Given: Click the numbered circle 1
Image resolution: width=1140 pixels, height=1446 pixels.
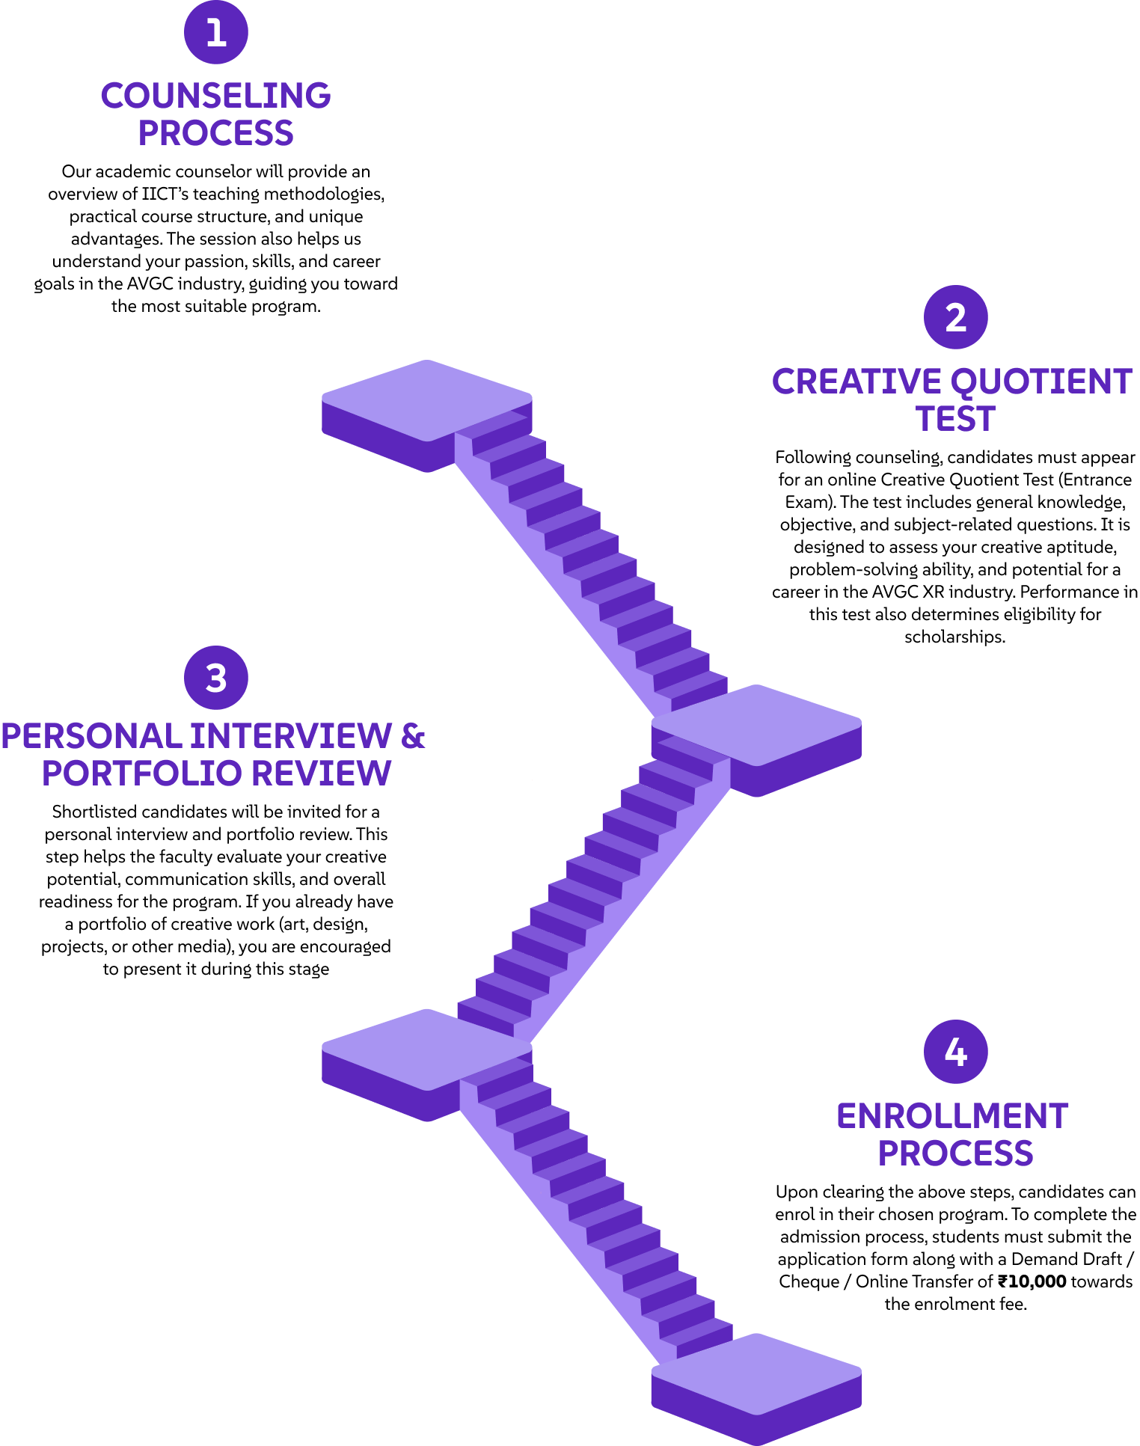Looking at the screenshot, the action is tap(216, 32).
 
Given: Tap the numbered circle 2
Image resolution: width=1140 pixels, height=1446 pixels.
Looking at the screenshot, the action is tap(956, 317).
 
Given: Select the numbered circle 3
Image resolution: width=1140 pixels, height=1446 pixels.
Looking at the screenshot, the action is tap(216, 678).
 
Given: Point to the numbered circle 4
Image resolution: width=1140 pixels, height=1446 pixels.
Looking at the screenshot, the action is tap(956, 1052).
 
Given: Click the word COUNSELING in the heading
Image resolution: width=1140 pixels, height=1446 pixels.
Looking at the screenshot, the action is tap(216, 96).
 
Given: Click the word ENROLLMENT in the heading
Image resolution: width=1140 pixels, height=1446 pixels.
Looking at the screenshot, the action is tap(952, 1116).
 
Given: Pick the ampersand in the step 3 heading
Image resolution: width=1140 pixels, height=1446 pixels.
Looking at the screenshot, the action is tap(413, 736).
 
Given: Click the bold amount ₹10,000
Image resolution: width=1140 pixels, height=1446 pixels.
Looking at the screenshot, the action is tap(1032, 1281).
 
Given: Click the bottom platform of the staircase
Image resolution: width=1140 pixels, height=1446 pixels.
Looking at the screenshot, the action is tap(756, 1389).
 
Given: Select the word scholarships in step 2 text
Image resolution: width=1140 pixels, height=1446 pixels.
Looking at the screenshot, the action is tap(955, 637).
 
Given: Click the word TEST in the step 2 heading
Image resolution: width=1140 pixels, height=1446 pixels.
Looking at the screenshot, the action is tap(955, 419).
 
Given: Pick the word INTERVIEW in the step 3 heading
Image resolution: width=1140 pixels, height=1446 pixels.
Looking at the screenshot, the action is tap(291, 736).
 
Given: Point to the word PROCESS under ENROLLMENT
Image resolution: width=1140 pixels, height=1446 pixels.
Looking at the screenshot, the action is tap(955, 1154).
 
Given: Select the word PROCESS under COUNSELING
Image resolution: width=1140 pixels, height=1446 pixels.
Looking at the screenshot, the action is tap(216, 133).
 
